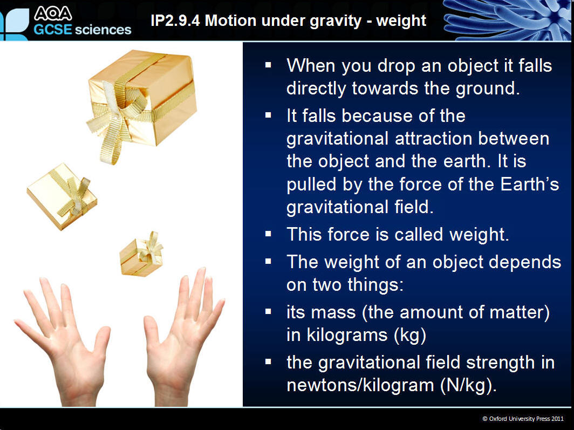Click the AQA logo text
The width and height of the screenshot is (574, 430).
pos(53,13)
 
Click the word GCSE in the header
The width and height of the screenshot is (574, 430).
pos(53,30)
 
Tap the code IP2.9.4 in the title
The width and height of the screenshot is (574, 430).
pos(175,21)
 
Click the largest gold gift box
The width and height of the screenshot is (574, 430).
pos(142,99)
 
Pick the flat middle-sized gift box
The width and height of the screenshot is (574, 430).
pos(62,196)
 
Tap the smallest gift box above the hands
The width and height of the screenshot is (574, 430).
pos(141,255)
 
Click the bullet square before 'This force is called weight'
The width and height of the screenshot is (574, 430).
pos(268,234)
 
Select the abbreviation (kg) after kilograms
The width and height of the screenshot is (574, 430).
pos(411,336)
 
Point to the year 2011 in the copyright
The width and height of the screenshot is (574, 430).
pos(557,419)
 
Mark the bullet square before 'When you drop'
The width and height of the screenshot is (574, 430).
pos(268,65)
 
